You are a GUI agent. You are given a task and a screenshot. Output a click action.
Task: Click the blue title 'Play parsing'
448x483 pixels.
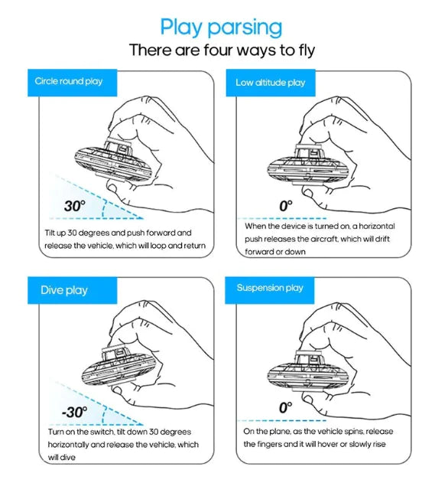pos(221,28)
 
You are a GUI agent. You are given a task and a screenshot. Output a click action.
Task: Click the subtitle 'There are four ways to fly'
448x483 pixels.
pos(222,51)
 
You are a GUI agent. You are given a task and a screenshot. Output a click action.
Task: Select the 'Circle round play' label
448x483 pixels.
pos(69,81)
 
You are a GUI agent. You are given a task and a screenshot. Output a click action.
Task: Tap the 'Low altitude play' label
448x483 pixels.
pos(271,83)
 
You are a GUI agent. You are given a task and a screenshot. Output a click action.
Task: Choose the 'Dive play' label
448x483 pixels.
pos(64,290)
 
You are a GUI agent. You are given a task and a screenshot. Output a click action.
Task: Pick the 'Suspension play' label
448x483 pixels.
pos(270,288)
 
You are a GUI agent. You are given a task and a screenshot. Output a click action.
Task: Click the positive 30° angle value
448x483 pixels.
pos(75,206)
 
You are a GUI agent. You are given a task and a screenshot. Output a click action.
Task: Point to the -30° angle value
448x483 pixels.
pos(74,412)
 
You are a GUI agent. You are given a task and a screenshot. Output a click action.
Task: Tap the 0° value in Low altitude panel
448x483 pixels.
pos(286,206)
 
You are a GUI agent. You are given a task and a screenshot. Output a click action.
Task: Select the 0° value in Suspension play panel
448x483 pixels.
pos(286,407)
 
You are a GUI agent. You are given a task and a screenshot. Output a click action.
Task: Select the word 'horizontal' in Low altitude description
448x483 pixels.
pos(377,226)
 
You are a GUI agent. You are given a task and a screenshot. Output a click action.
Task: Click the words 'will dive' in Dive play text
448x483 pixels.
pos(61,458)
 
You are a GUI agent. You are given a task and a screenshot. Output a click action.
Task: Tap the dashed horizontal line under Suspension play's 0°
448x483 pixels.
pos(282,420)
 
